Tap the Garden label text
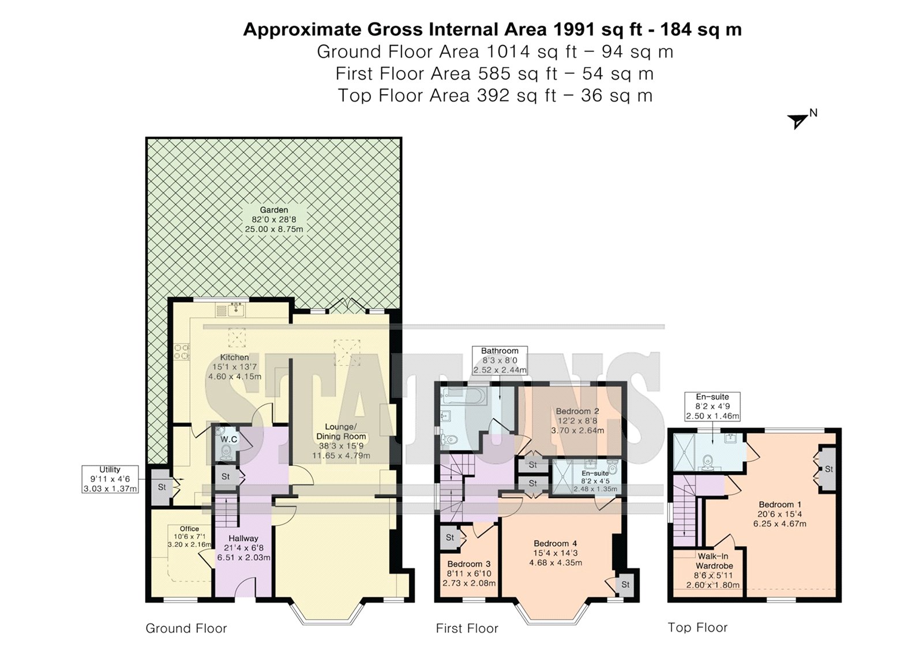(x=274, y=210)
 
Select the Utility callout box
(x=110, y=479)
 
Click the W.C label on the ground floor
(x=228, y=439)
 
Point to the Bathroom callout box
(x=500, y=360)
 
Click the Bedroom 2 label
(x=577, y=411)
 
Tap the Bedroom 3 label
(x=469, y=564)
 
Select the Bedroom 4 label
(x=556, y=544)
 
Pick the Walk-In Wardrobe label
(x=714, y=561)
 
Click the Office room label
(x=189, y=529)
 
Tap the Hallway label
(x=243, y=538)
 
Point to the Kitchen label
(x=234, y=357)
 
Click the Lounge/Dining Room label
(x=341, y=431)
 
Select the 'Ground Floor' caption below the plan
(x=186, y=628)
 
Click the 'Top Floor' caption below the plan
(x=697, y=628)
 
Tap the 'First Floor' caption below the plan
(x=467, y=628)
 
